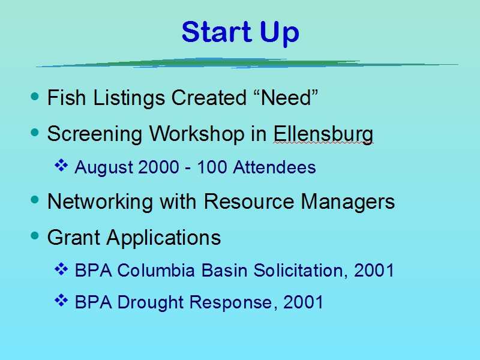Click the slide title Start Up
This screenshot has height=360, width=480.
click(x=241, y=33)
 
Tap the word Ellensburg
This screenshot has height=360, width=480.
click(x=323, y=134)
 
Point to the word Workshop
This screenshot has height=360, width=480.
click(x=197, y=134)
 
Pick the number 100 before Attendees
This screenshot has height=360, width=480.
click(x=212, y=167)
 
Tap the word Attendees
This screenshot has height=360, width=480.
click(x=274, y=167)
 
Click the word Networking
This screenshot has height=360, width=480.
click(x=100, y=202)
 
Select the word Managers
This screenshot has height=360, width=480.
click(x=348, y=202)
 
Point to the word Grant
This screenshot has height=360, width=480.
click(x=74, y=237)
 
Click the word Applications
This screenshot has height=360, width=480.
click(x=164, y=238)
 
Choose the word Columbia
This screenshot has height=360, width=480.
click(x=156, y=271)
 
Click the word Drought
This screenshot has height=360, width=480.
click(x=151, y=302)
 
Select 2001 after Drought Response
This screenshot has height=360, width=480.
click(x=303, y=302)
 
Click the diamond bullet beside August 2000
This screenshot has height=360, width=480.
click(x=61, y=166)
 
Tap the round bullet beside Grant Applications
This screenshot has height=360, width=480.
click(x=35, y=236)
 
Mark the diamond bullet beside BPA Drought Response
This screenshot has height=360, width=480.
click(x=61, y=301)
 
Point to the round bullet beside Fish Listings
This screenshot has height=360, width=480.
click(x=35, y=97)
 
